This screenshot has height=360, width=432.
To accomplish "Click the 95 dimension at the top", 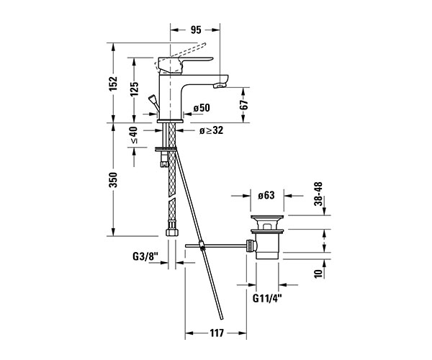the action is [x=196, y=30].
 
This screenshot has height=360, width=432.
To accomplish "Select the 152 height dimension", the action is [x=113, y=84].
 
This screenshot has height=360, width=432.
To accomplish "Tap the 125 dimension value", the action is [x=135, y=89].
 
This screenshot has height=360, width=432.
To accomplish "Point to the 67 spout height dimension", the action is [x=244, y=105].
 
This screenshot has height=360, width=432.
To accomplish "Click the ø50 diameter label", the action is [x=202, y=108].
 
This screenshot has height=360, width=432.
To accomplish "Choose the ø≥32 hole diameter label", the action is [x=211, y=130].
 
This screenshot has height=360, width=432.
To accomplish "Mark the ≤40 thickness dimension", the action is [x=134, y=135].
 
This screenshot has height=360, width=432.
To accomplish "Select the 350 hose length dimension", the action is [x=113, y=180].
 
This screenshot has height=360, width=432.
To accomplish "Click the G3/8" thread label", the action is [x=145, y=257].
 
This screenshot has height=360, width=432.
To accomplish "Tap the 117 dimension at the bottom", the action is [x=217, y=333].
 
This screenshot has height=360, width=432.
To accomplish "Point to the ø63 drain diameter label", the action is [x=266, y=195].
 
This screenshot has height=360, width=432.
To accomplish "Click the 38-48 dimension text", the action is [x=318, y=194].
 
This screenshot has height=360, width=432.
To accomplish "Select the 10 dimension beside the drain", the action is [x=318, y=274].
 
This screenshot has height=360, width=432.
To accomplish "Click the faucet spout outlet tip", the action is [x=220, y=86].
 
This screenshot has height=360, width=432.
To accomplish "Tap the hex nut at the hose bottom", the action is [x=171, y=232].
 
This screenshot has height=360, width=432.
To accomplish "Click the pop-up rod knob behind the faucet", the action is [x=152, y=98].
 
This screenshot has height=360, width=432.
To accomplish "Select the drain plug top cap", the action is [x=267, y=217].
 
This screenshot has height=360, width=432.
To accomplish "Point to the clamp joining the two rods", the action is [x=202, y=246].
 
